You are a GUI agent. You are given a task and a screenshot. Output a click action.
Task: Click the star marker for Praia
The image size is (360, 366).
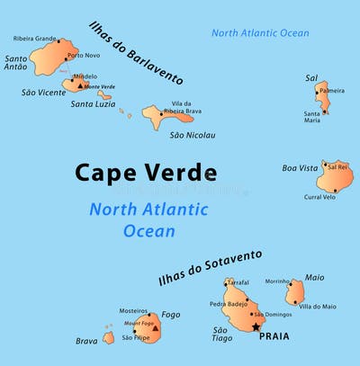click(x=256, y=327)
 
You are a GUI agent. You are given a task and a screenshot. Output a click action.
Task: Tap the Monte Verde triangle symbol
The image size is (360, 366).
click(x=79, y=86)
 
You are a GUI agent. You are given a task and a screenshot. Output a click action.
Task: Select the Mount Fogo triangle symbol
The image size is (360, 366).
click(x=156, y=329)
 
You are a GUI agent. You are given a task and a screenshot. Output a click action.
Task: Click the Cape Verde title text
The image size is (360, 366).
click(x=145, y=173)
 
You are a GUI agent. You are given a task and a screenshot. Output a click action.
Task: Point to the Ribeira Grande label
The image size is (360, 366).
click(x=35, y=39)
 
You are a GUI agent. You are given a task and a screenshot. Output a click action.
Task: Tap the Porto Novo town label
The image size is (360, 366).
click(x=84, y=56)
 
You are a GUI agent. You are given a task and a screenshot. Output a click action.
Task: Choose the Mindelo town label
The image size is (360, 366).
click(x=85, y=76)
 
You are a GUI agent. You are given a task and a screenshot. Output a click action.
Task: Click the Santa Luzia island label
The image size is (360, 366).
click(x=93, y=104)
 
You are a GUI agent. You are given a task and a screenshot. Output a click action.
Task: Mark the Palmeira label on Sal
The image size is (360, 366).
click(x=332, y=91)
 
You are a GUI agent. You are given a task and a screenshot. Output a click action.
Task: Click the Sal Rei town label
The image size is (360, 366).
click(x=337, y=166)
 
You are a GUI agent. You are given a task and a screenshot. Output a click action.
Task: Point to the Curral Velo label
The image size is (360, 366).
click(x=319, y=197)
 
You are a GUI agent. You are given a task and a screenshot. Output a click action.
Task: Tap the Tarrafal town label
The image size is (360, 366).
click(x=238, y=282)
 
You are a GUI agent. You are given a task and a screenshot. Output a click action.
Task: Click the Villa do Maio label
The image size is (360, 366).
click(x=318, y=307)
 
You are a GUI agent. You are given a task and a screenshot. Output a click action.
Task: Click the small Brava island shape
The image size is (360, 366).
click(x=108, y=338)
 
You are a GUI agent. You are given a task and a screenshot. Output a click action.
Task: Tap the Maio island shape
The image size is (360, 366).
click(x=294, y=292)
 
